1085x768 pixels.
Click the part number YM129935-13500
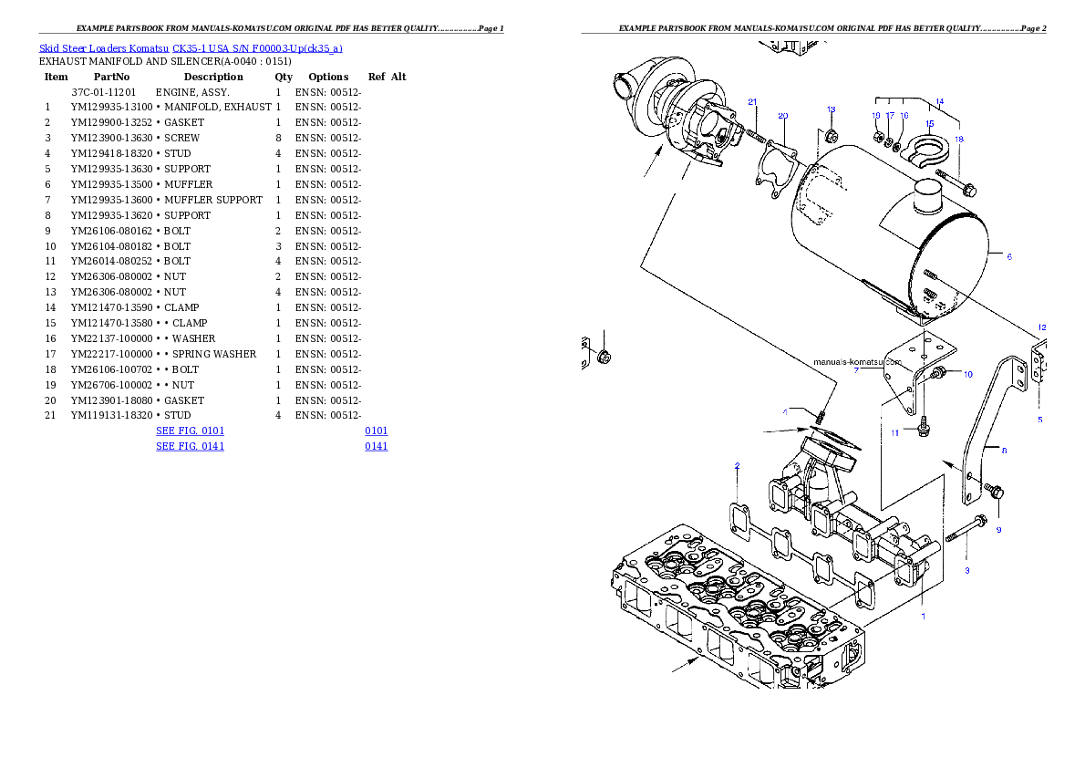click(111, 184)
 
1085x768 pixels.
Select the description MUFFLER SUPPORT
click(213, 200)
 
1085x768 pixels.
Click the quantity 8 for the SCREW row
click(278, 138)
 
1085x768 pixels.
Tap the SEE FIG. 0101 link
click(191, 431)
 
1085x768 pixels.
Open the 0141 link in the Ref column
click(377, 447)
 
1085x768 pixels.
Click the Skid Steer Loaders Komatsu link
click(104, 48)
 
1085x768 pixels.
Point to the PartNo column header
click(111, 77)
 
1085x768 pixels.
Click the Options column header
click(328, 77)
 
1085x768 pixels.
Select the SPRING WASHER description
click(214, 354)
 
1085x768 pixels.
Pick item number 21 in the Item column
click(50, 416)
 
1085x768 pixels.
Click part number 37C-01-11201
click(104, 92)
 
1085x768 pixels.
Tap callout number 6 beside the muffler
click(1009, 257)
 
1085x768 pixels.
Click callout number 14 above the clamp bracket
click(940, 102)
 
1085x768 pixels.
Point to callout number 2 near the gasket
click(737, 466)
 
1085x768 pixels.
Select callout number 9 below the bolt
click(998, 530)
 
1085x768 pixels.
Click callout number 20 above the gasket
click(782, 116)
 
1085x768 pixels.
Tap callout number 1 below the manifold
click(923, 617)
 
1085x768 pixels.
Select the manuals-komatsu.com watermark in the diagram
click(857, 362)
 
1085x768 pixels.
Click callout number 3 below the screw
click(966, 571)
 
